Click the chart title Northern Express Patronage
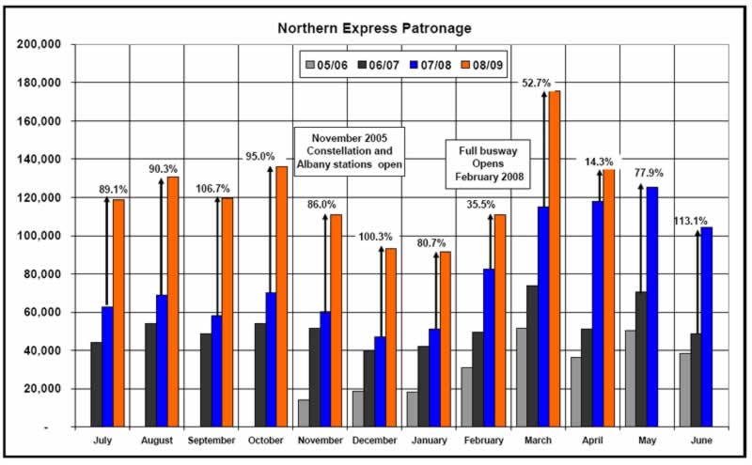pyautogui.click(x=375, y=27)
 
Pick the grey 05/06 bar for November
pyautogui.click(x=303, y=412)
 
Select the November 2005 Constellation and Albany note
pyautogui.click(x=350, y=152)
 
